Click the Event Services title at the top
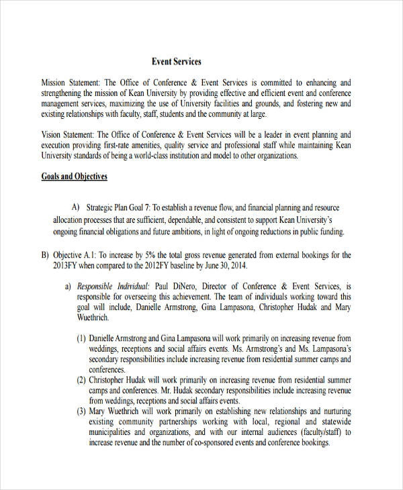click(x=176, y=62)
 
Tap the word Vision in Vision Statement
click(x=52, y=135)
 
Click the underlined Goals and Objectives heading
click(x=75, y=177)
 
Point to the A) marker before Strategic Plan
click(x=75, y=207)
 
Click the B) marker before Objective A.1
click(x=45, y=255)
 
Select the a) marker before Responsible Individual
click(x=68, y=286)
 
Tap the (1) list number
click(x=81, y=338)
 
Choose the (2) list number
click(x=81, y=380)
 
